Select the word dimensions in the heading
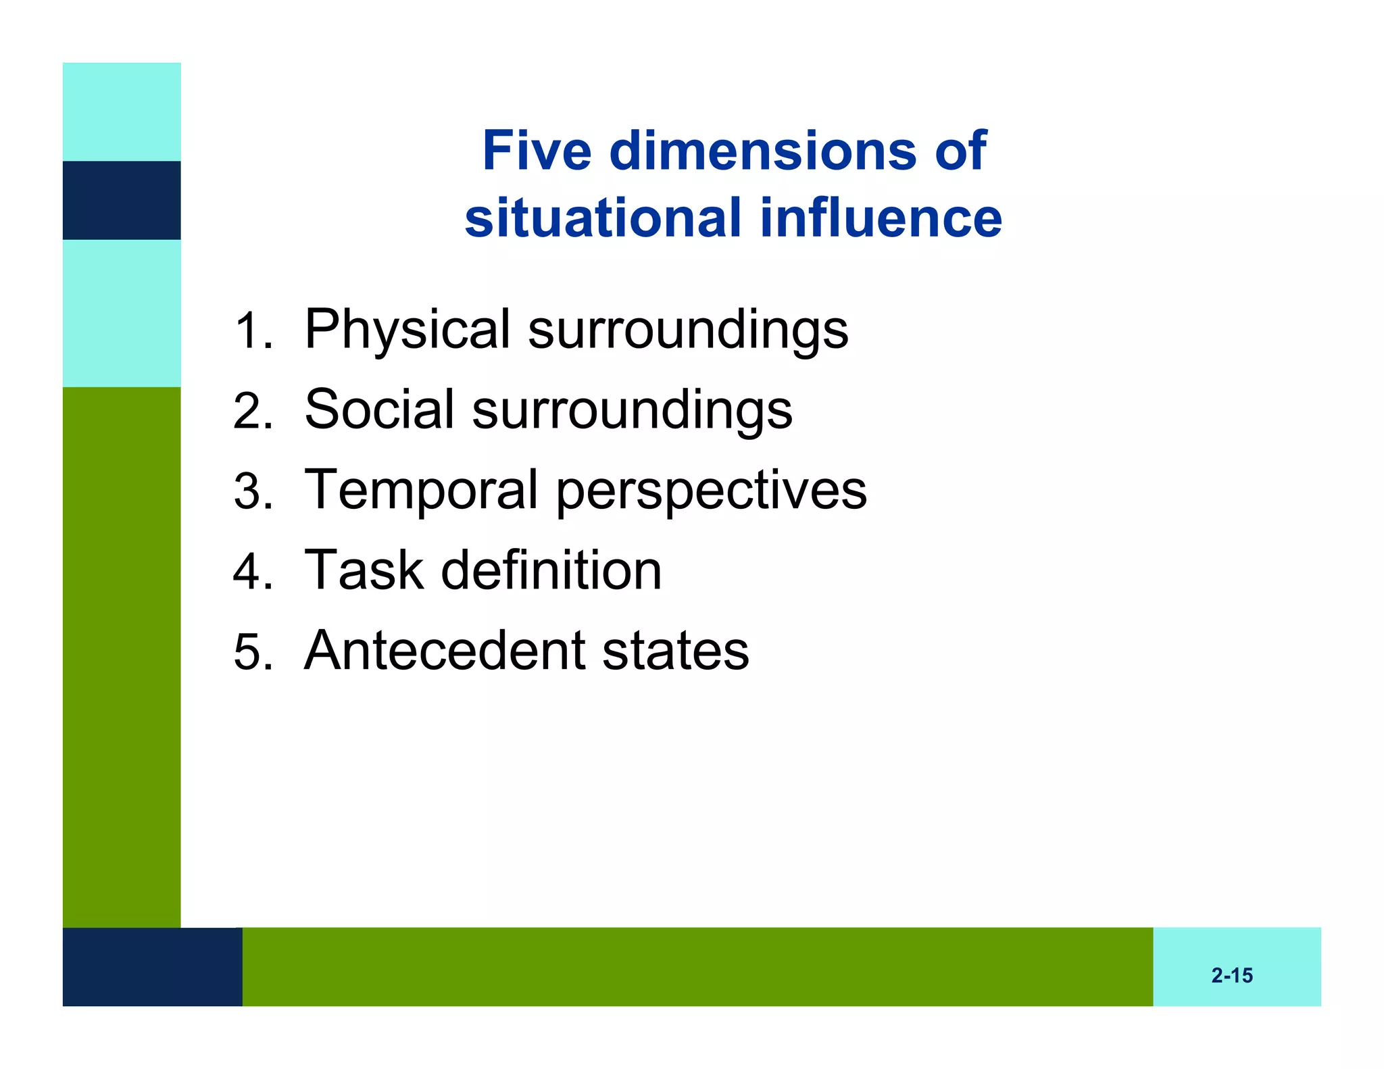click(x=762, y=151)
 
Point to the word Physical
click(x=407, y=330)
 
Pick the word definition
click(x=551, y=570)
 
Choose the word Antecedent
click(x=444, y=650)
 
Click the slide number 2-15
click(x=1231, y=976)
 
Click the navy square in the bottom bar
click(x=152, y=966)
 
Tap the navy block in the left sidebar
click(x=122, y=200)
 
